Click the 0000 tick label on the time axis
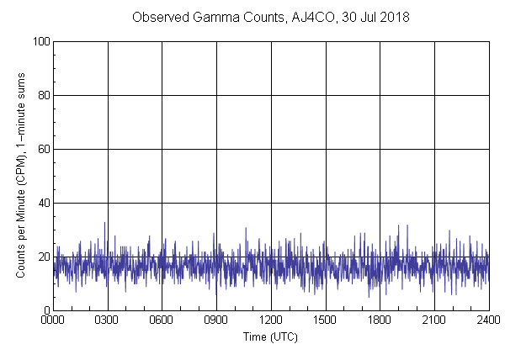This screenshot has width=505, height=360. coord(53,320)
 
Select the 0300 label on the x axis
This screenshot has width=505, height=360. coord(108,320)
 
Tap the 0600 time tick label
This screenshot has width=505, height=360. coord(162,320)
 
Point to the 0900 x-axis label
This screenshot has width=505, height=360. coord(216,320)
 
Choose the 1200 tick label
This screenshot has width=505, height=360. coord(271,320)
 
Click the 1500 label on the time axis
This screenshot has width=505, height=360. coord(325,320)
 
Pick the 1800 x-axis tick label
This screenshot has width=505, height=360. coord(380,320)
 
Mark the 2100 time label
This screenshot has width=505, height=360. coord(434,320)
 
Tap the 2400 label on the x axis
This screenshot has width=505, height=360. coord(488,320)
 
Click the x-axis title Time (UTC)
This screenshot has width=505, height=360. coord(270,337)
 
